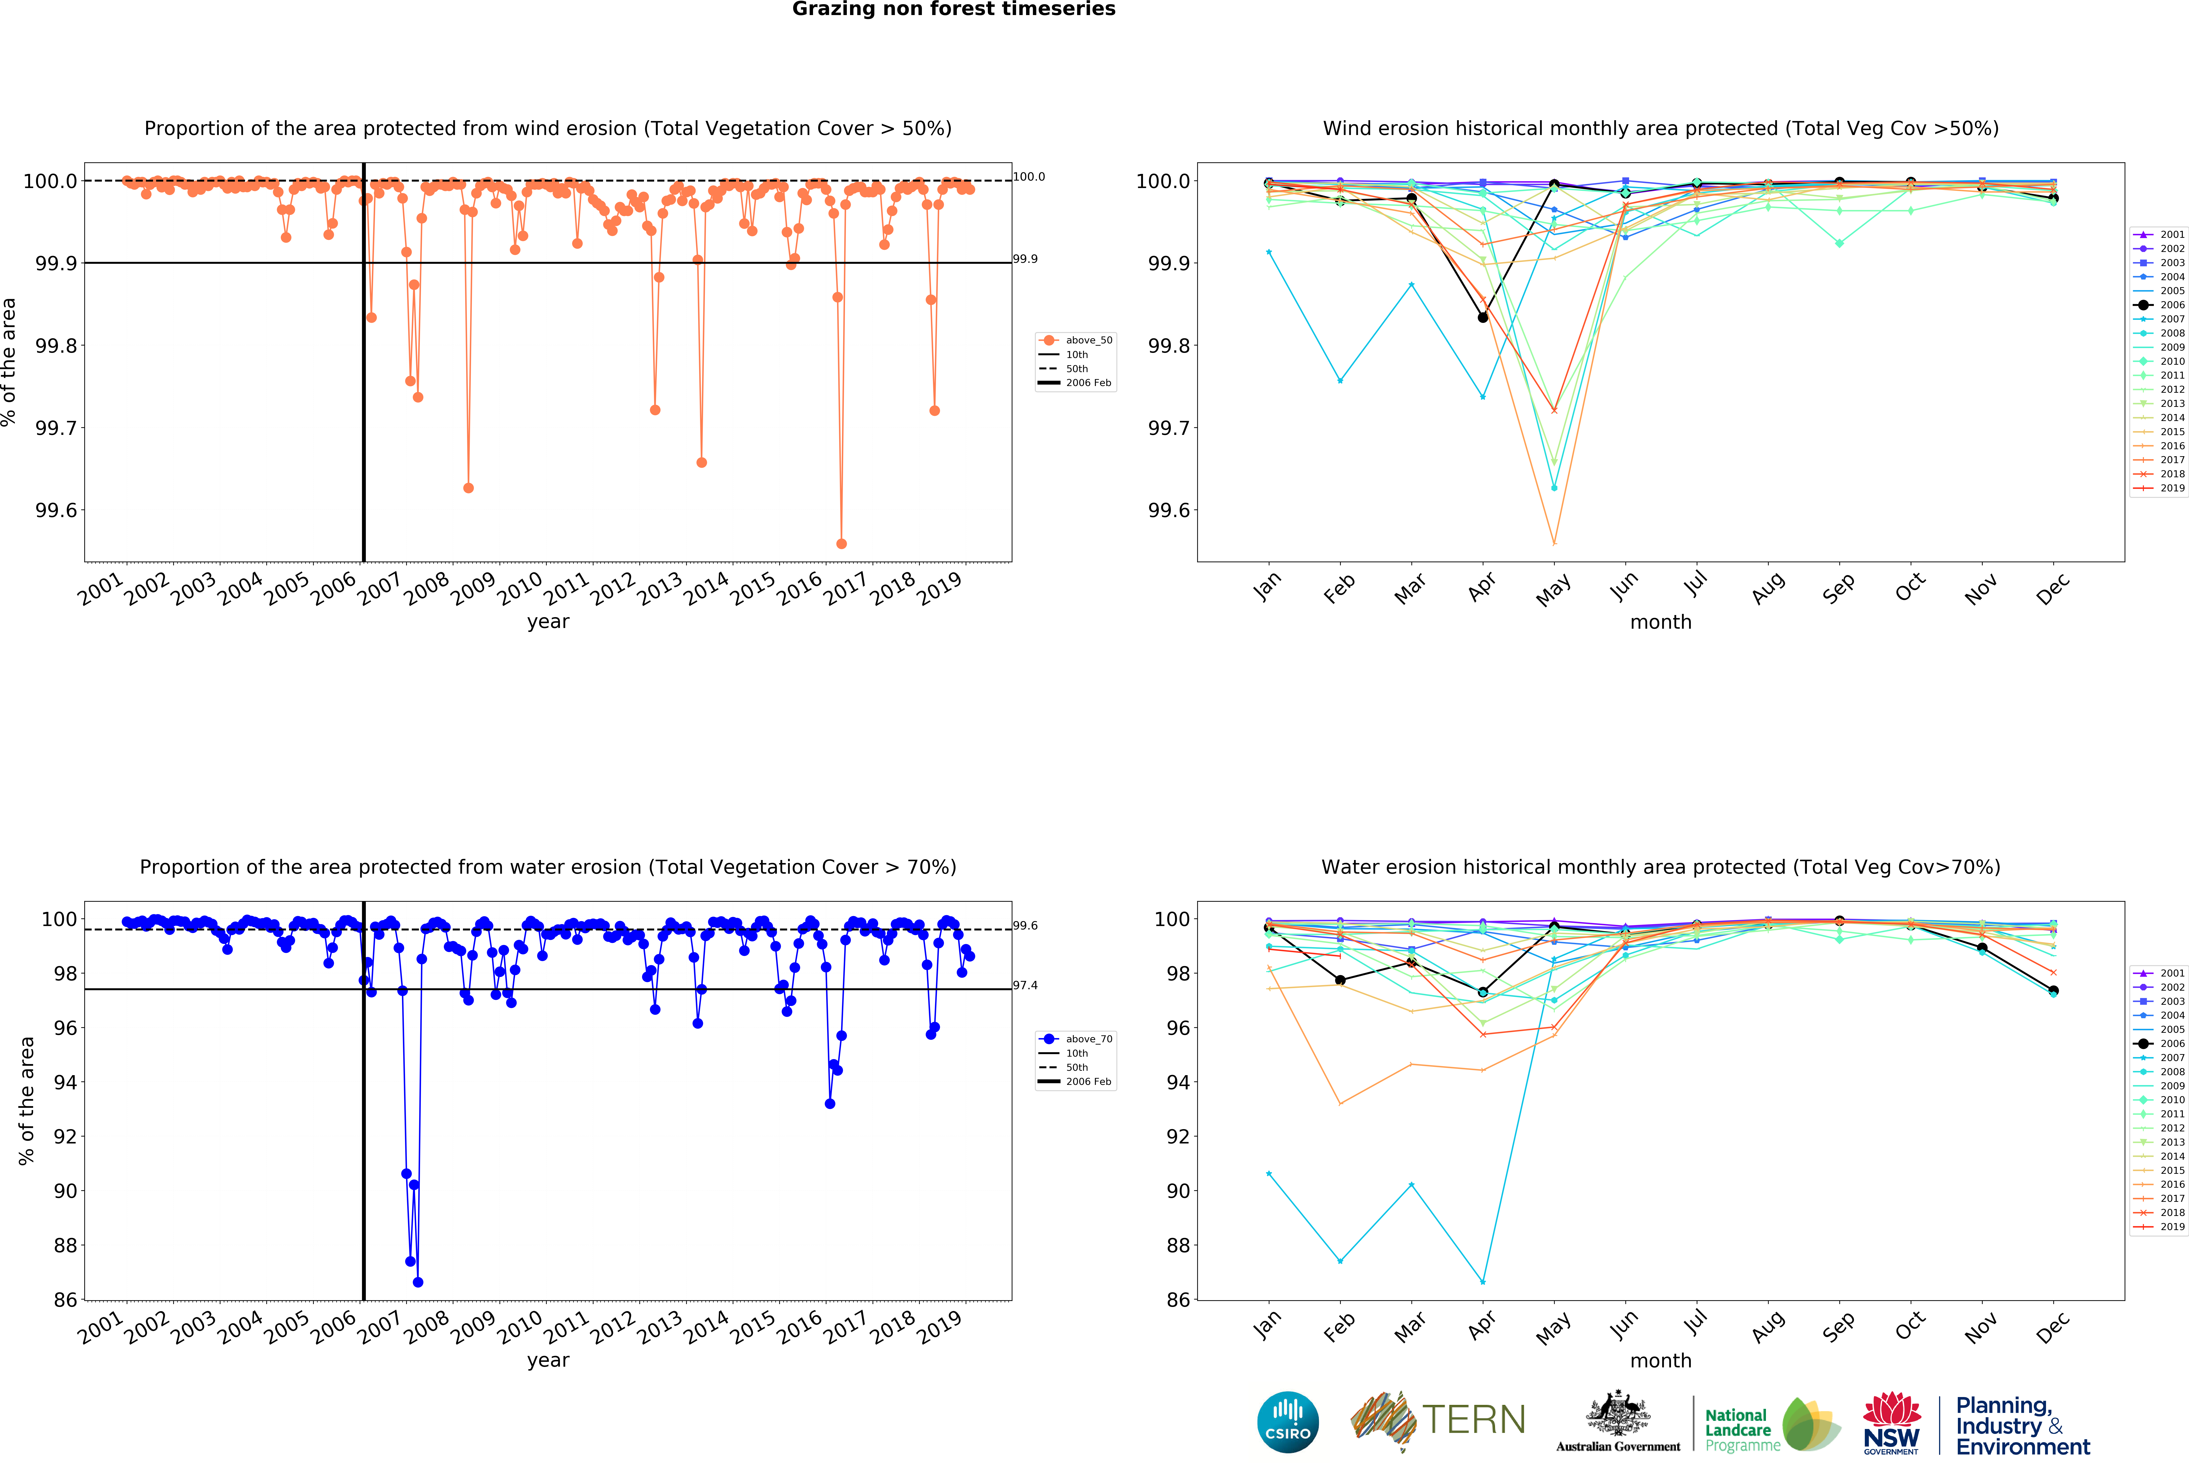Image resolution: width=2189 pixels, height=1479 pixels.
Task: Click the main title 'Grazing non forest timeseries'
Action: coord(953,9)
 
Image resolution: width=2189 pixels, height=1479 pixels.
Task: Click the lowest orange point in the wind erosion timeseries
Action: coord(841,543)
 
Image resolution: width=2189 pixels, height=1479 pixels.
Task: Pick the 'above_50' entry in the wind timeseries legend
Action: coord(1088,340)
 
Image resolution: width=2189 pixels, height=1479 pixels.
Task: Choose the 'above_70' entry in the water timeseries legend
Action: coord(1088,1039)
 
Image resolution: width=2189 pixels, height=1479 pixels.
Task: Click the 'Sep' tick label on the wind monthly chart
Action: coord(1838,588)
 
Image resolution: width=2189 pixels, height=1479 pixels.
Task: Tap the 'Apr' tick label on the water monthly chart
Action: coord(1482,1326)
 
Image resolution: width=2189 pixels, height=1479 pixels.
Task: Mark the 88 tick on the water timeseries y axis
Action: coord(65,1245)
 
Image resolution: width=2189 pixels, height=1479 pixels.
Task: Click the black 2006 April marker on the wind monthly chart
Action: coord(1482,317)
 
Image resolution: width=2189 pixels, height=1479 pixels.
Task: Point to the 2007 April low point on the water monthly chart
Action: coord(1482,1282)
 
